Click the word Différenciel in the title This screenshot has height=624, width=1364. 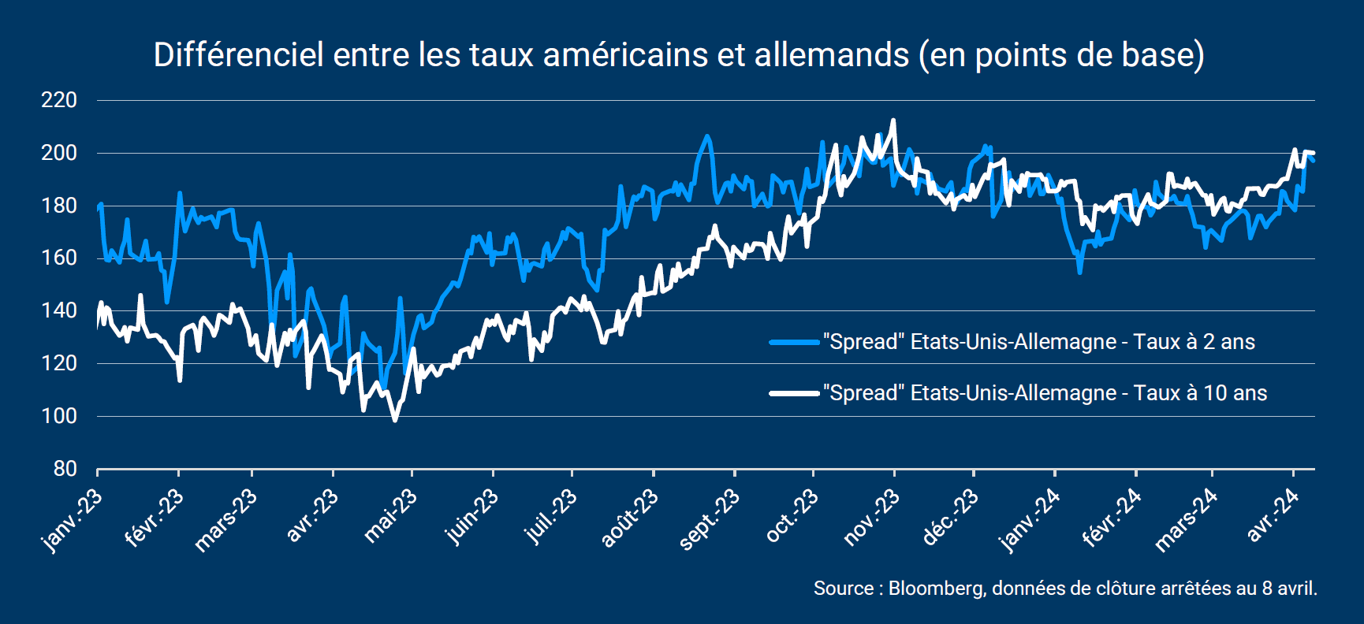tap(238, 55)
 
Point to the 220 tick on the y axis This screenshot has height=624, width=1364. tap(59, 100)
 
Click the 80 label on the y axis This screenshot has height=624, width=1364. tap(65, 469)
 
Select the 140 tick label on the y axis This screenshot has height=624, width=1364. tap(59, 310)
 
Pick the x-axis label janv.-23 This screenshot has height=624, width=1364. tap(72, 520)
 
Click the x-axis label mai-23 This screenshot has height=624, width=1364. tap(390, 515)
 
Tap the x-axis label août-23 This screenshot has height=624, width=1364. tap(629, 518)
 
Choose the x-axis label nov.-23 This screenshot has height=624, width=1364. tap(870, 518)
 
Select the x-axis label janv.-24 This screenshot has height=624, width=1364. tap(1030, 520)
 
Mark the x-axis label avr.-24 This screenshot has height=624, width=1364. tap(1273, 515)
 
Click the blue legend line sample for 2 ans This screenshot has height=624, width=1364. tap(794, 342)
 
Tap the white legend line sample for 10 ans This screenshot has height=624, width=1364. tap(794, 393)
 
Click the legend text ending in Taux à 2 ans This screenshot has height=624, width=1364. tap(1038, 342)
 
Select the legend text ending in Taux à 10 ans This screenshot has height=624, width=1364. tap(1045, 393)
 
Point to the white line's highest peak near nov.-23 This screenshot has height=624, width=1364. tap(893, 121)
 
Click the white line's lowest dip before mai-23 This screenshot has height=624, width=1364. tap(395, 420)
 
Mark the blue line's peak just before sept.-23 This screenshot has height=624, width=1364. tap(706, 136)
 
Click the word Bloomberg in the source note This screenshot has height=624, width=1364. tap(936, 589)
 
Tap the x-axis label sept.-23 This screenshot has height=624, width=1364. tap(710, 518)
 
